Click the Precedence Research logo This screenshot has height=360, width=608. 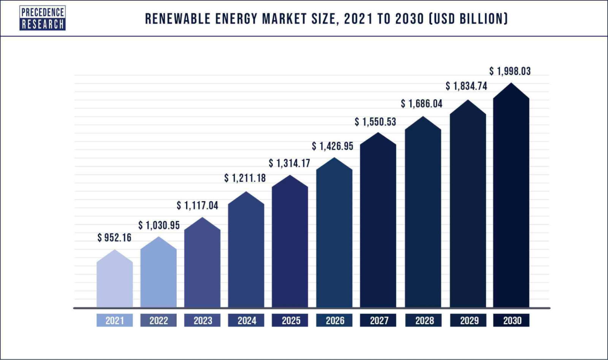pyautogui.click(x=43, y=18)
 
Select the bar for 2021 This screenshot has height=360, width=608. pyautogui.click(x=114, y=283)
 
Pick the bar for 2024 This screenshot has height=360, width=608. pyautogui.click(x=246, y=254)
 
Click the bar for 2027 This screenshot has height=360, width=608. pyautogui.click(x=378, y=224)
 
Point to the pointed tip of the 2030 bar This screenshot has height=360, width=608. pyautogui.click(x=511, y=84)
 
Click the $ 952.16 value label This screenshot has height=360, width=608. pyautogui.click(x=114, y=238)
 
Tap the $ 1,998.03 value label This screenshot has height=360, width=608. pyautogui.click(x=510, y=71)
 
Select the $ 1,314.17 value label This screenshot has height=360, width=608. pyautogui.click(x=290, y=163)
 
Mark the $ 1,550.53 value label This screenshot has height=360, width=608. pyautogui.click(x=375, y=122)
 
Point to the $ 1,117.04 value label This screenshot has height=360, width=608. pyautogui.click(x=198, y=206)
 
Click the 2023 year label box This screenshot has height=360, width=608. pyautogui.click(x=203, y=321)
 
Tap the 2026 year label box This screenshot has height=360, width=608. pyautogui.click(x=334, y=321)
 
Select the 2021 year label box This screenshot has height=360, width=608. pyautogui.click(x=114, y=321)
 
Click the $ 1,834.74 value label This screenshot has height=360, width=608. pyautogui.click(x=466, y=86)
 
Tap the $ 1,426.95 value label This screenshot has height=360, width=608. pyautogui.click(x=332, y=146)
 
